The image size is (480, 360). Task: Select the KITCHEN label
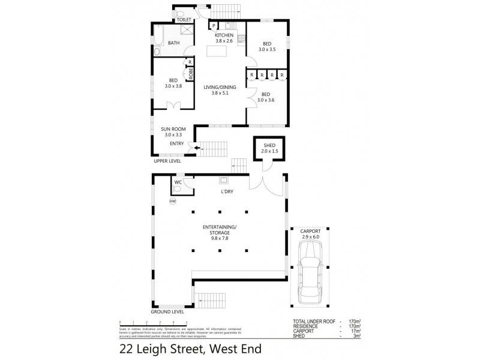coord(224,35)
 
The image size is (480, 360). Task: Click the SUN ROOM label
coord(173,128)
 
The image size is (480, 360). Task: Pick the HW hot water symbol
coord(173,201)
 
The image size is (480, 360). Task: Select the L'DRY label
coord(226,191)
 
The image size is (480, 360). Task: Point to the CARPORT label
coord(310,231)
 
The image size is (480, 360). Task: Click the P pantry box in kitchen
coord(213,26)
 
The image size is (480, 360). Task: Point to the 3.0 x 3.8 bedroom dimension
coord(173,86)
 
